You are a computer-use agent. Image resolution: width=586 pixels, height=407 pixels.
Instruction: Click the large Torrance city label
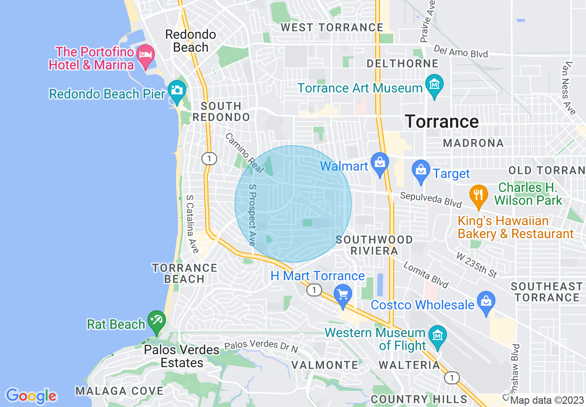(x=442, y=122)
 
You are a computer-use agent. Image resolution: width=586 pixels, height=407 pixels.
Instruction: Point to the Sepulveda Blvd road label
(x=431, y=200)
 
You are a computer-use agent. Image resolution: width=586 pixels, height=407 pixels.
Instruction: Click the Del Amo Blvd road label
(x=460, y=51)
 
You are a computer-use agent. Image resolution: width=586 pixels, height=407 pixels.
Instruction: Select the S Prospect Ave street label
(x=252, y=215)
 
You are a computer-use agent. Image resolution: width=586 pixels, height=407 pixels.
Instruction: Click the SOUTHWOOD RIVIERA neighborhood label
(x=374, y=245)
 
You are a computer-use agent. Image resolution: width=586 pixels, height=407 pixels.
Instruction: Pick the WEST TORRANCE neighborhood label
(x=332, y=27)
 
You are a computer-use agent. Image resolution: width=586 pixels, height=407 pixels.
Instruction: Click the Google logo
(x=31, y=396)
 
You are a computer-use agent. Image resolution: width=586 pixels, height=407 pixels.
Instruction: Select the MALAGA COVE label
(x=119, y=391)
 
